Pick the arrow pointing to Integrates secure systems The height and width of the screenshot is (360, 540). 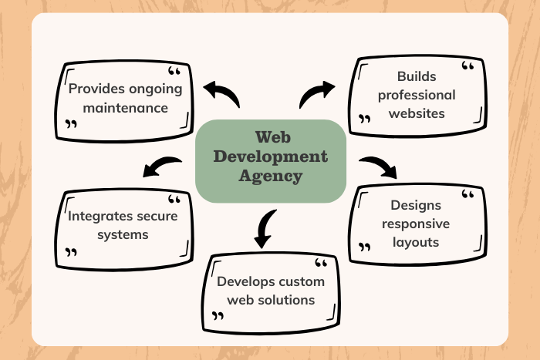(x=163, y=164)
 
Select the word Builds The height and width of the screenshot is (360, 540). (x=416, y=76)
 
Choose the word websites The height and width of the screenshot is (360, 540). (x=416, y=113)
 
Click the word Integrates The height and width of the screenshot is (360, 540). (x=95, y=216)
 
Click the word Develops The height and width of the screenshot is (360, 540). (x=245, y=281)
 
